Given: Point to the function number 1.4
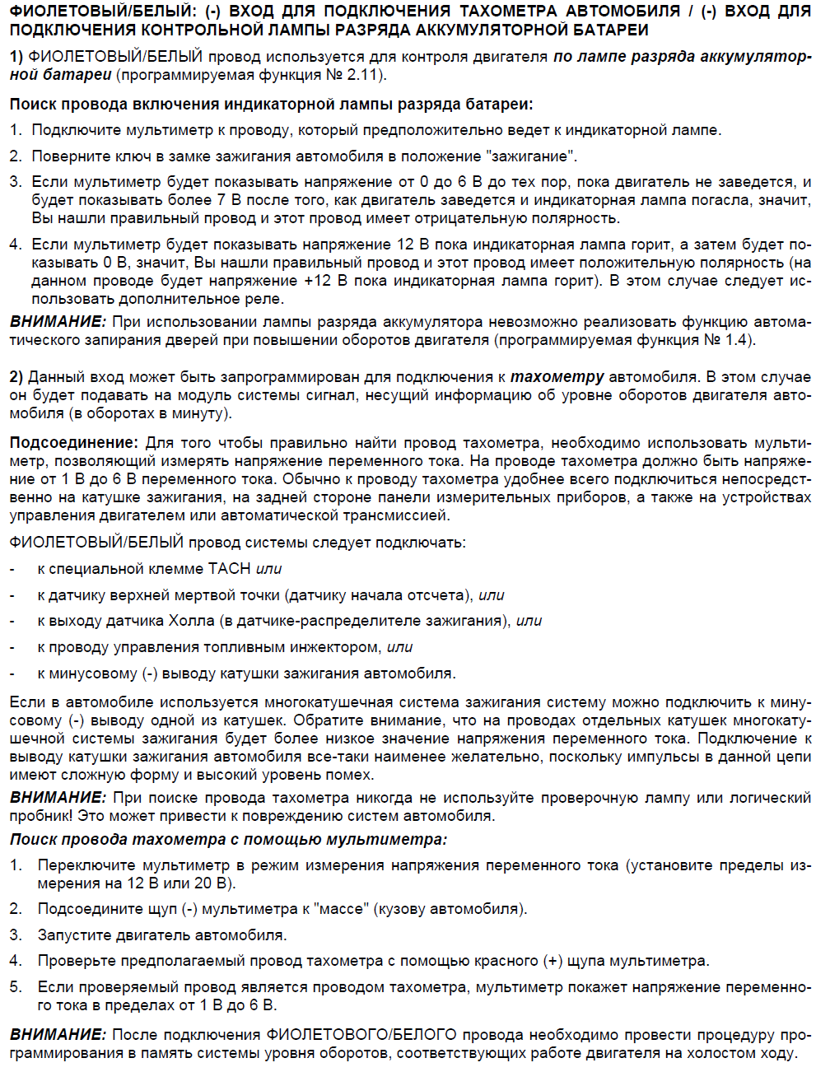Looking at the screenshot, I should (x=739, y=340).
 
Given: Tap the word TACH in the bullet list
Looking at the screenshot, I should (x=229, y=569).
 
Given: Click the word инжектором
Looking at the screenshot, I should (x=338, y=647).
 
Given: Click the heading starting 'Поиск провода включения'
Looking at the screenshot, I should (x=271, y=105).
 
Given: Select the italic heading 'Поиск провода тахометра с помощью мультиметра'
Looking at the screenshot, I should (x=228, y=840).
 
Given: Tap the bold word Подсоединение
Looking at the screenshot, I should (x=73, y=443).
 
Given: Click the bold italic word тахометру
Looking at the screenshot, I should (x=557, y=377).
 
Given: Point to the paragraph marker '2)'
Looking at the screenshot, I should (x=16, y=377).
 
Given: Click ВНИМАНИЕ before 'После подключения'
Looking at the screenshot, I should (x=58, y=1035).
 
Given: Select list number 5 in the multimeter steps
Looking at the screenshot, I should (x=16, y=987).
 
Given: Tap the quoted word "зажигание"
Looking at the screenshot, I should (x=531, y=156).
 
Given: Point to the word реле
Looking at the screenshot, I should (x=266, y=299).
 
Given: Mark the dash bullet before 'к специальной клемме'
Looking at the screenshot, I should (x=12, y=569).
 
